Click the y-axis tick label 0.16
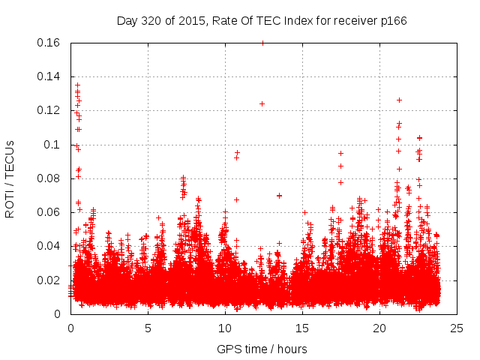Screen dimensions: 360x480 pos(50,43)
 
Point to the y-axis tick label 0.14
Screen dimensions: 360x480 pos(50,76)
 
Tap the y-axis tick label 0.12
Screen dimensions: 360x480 pos(50,110)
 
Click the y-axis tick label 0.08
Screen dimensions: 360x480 pos(50,178)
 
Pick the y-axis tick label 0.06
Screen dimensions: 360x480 pos(50,212)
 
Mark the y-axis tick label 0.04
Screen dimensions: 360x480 pos(50,246)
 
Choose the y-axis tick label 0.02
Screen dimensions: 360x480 pos(50,280)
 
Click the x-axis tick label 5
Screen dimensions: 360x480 pos(148,328)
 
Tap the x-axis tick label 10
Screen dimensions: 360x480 pos(225,328)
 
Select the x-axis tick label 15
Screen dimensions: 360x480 pos(302,328)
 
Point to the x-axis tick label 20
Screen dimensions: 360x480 pos(379,328)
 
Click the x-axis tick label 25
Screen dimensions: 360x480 pos(457,328)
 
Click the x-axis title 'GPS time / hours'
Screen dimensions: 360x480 pos(262,349)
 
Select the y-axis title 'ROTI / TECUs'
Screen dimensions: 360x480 pos(10,178)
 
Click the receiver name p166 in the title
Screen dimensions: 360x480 pos(392,20)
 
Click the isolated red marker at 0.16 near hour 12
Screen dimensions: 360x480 pos(262,43)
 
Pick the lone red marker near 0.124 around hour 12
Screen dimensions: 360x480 pos(262,103)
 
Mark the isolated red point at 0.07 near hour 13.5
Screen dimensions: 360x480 pos(279,195)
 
